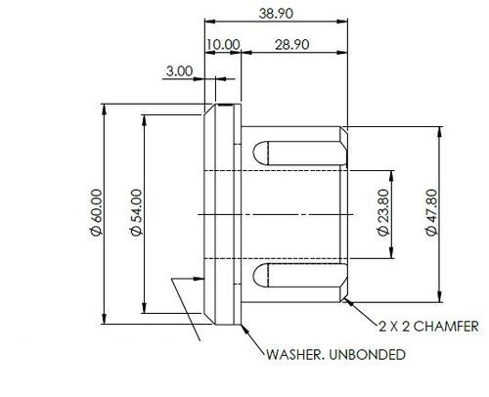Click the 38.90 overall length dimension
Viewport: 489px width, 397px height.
point(276,14)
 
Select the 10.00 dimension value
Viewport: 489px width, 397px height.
point(223,45)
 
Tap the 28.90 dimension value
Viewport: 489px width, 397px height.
point(291,45)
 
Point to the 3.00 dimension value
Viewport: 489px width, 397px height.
point(179,71)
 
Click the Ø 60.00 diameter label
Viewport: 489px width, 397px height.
point(97,212)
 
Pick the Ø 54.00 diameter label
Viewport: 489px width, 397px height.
point(137,212)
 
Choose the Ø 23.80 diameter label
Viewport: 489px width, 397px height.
point(383,212)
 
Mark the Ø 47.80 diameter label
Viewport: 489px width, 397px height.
point(431,212)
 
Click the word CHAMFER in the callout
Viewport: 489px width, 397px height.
point(447,326)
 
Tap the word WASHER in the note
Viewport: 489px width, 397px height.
point(293,354)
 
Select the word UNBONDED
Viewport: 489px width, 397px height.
point(368,354)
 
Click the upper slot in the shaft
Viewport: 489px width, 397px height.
point(300,153)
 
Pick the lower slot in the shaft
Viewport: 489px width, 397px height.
point(300,276)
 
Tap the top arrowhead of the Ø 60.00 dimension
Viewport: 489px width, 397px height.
point(105,110)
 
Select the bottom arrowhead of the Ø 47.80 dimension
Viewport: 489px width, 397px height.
point(440,296)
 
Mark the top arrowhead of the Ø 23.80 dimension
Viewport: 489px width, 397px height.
point(392,176)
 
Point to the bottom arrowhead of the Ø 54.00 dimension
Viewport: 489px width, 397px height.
point(145,307)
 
